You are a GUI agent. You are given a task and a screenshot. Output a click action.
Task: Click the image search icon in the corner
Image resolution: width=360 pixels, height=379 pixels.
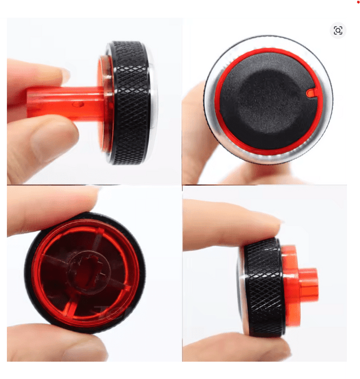338,30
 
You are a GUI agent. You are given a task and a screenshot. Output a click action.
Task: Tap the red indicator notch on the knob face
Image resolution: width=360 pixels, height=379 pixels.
310,93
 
